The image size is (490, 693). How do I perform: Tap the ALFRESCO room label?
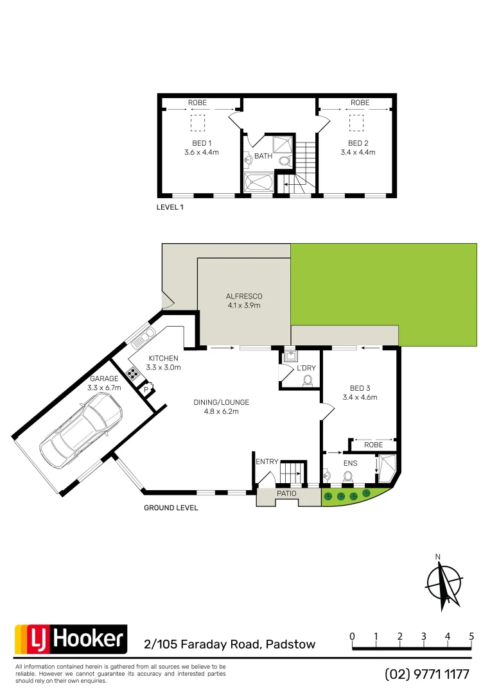coord(244,296)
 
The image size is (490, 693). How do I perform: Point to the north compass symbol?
coord(444,583)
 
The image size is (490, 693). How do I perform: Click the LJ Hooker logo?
coord(71,639)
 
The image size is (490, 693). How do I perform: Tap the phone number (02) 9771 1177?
coord(427,674)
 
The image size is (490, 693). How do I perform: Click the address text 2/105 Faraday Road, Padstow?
coord(230,644)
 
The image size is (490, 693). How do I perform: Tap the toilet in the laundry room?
coord(307,381)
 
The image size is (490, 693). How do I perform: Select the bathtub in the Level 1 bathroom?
coord(258,183)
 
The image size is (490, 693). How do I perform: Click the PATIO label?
coord(287,494)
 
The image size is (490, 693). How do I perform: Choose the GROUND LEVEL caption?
coord(170,508)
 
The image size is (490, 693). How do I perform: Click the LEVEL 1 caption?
coord(170,207)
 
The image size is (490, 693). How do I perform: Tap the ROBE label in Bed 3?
coord(373,444)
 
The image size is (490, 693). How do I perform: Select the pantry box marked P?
coord(146,389)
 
